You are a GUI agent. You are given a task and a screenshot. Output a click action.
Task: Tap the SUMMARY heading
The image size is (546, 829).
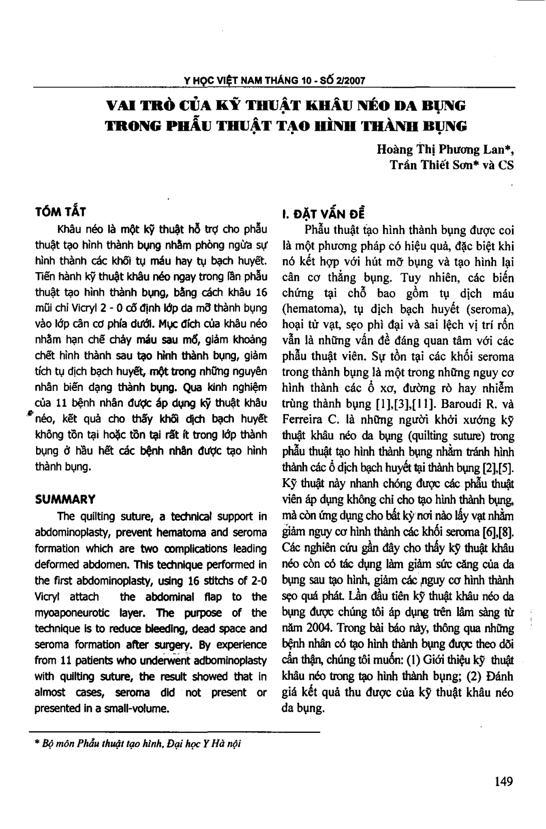click(x=65, y=499)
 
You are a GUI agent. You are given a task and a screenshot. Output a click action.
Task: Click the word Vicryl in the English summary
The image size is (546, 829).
click(x=47, y=597)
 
